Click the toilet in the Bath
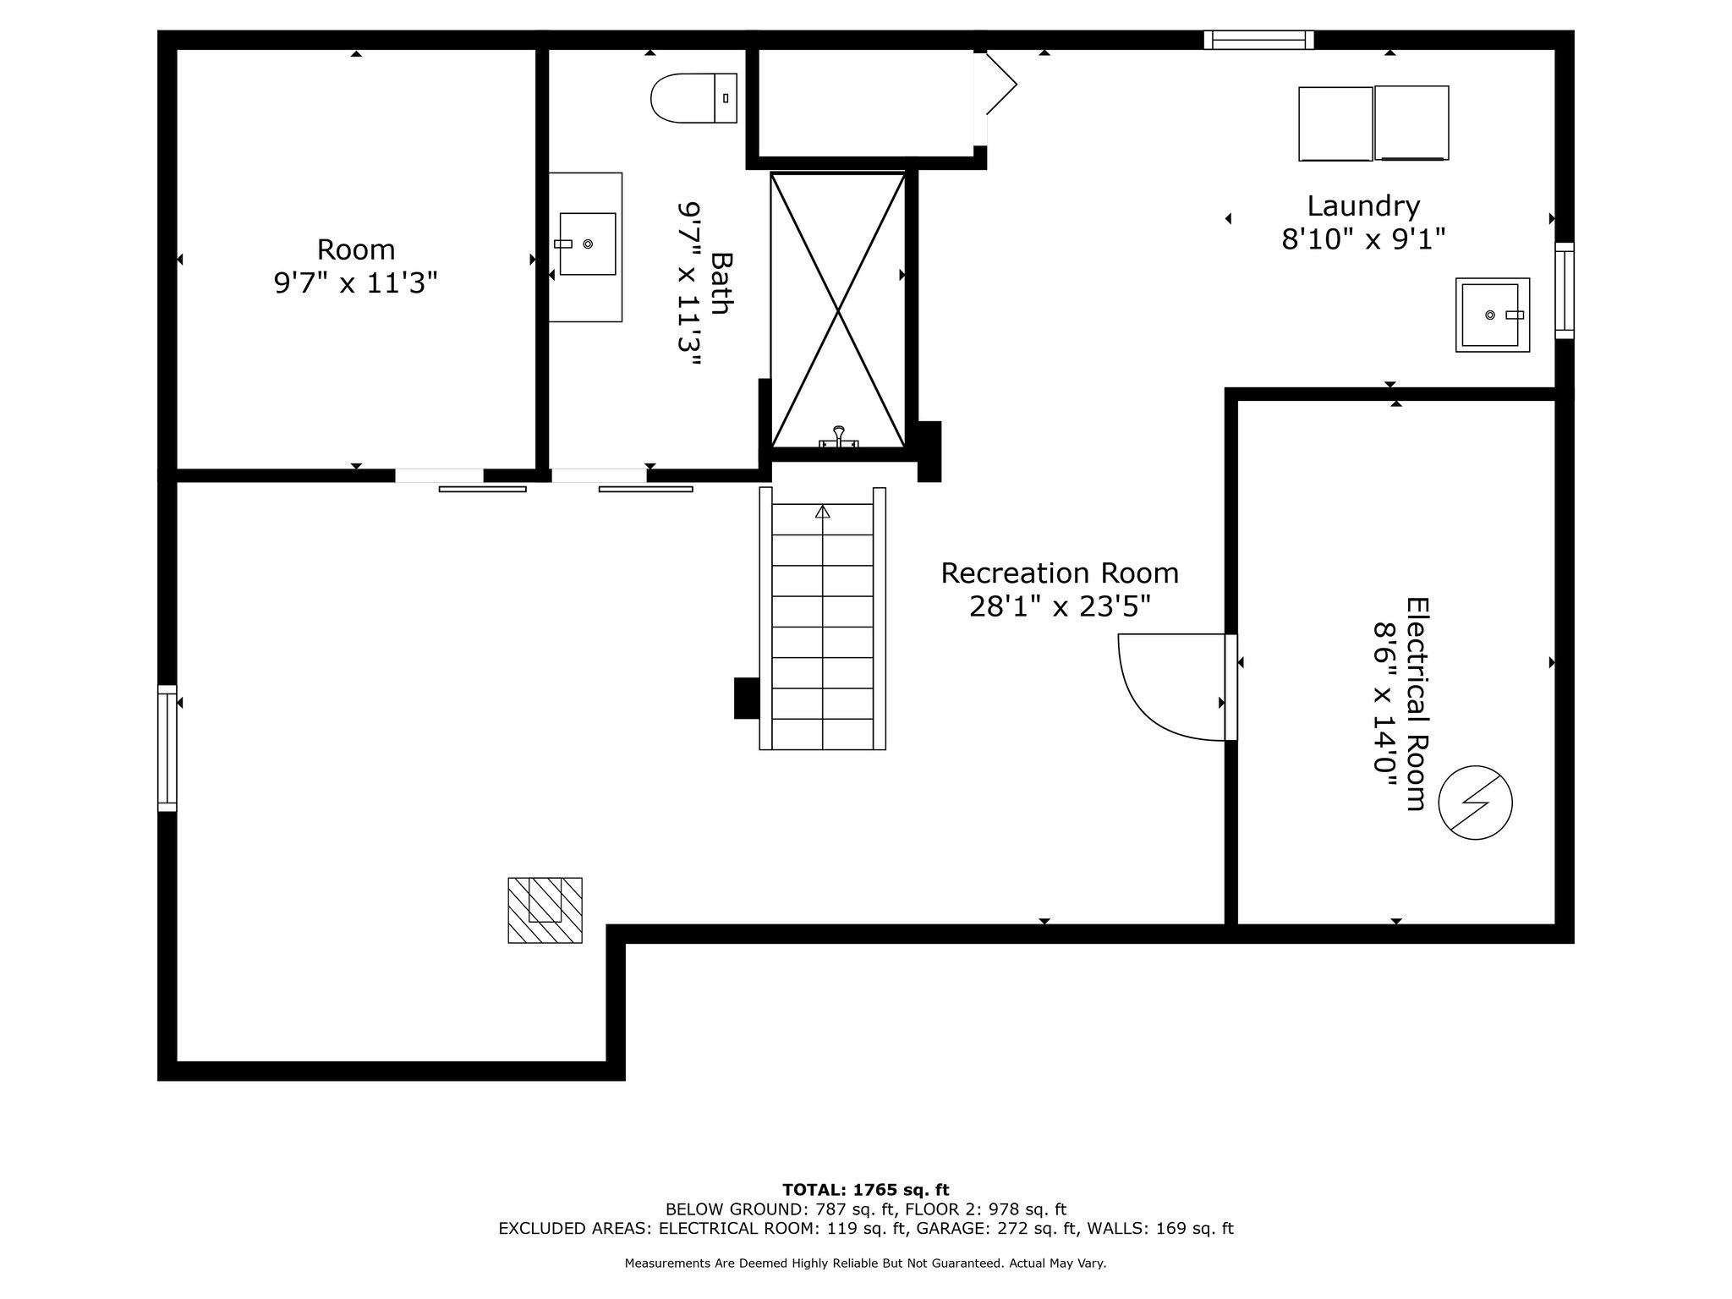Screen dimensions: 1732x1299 [694, 98]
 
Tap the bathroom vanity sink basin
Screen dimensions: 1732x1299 [588, 244]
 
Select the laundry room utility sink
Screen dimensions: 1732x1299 [1493, 315]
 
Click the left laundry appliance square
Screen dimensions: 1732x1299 [1336, 123]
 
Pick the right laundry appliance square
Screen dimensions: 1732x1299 [1411, 123]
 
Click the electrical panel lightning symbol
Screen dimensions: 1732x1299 [1476, 803]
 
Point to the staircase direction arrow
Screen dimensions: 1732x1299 [823, 512]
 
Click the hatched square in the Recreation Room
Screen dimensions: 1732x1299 [545, 910]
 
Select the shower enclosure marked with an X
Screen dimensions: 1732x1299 [838, 310]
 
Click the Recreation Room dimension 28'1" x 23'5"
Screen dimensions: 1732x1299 [1060, 606]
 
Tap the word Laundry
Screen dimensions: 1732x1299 [1363, 206]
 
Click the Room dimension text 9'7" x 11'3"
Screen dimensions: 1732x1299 [356, 282]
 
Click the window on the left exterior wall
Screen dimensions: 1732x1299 [167, 748]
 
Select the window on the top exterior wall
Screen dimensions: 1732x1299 [1259, 40]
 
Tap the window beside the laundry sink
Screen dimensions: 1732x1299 [1565, 291]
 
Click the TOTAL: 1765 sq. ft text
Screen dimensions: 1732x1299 [866, 1191]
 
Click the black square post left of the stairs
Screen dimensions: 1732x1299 [747, 699]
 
